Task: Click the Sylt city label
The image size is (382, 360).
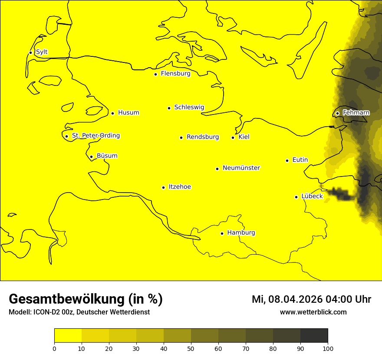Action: pyautogui.click(x=42, y=52)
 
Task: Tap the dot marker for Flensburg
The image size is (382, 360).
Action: pyautogui.click(x=155, y=74)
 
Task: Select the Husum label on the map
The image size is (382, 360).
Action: pyautogui.click(x=128, y=113)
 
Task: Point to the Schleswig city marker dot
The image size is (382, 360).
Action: pyautogui.click(x=169, y=108)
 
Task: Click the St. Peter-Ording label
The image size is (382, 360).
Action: pyautogui.click(x=96, y=136)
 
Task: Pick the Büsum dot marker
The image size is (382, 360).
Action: pyautogui.click(x=91, y=157)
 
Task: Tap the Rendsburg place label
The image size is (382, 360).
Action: pyautogui.click(x=203, y=137)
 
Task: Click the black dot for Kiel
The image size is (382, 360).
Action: pyautogui.click(x=233, y=137)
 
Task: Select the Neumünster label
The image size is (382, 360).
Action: pyautogui.click(x=241, y=168)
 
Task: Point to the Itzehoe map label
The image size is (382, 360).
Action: pyautogui.click(x=180, y=187)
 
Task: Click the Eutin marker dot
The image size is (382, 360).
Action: pyautogui.click(x=287, y=160)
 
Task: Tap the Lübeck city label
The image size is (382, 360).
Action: pyautogui.click(x=312, y=196)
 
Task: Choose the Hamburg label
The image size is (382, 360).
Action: pyautogui.click(x=241, y=233)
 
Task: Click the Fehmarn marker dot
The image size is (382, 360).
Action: pyautogui.click(x=337, y=113)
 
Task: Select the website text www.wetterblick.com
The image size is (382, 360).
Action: pyautogui.click(x=313, y=312)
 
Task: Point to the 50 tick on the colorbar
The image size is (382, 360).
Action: pyautogui.click(x=191, y=348)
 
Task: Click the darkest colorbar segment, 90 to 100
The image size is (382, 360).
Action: pyautogui.click(x=314, y=336)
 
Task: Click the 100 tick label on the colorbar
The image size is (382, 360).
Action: pyautogui.click(x=328, y=348)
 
